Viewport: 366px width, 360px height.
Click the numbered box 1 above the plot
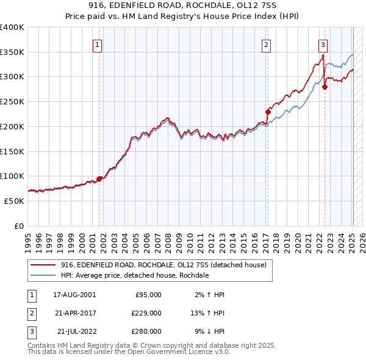pyautogui.click(x=98, y=44)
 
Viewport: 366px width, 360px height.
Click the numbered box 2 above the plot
pyautogui.click(x=267, y=44)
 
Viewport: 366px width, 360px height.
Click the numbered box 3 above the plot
pyautogui.click(x=323, y=44)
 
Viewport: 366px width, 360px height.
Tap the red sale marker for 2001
pyautogui.click(x=99, y=179)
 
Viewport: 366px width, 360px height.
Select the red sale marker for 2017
pyautogui.click(x=268, y=112)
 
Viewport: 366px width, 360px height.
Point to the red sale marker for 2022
pyautogui.click(x=325, y=87)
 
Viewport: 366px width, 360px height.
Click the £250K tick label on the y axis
pyautogui.click(x=12, y=101)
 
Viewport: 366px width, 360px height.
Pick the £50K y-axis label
pyautogui.click(x=13, y=201)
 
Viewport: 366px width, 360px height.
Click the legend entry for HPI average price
pyautogui.click(x=135, y=276)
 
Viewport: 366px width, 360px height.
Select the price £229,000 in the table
pyautogui.click(x=146, y=313)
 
